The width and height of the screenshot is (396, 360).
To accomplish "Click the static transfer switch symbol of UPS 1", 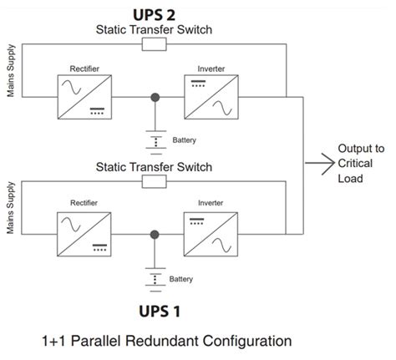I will (x=155, y=180).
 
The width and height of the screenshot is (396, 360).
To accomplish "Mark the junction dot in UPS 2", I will (x=154, y=97).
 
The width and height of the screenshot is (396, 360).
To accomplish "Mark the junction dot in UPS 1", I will (x=154, y=234).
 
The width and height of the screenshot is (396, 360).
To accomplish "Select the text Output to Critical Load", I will (x=360, y=164).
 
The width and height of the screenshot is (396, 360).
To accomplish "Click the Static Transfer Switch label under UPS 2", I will (x=155, y=28).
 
